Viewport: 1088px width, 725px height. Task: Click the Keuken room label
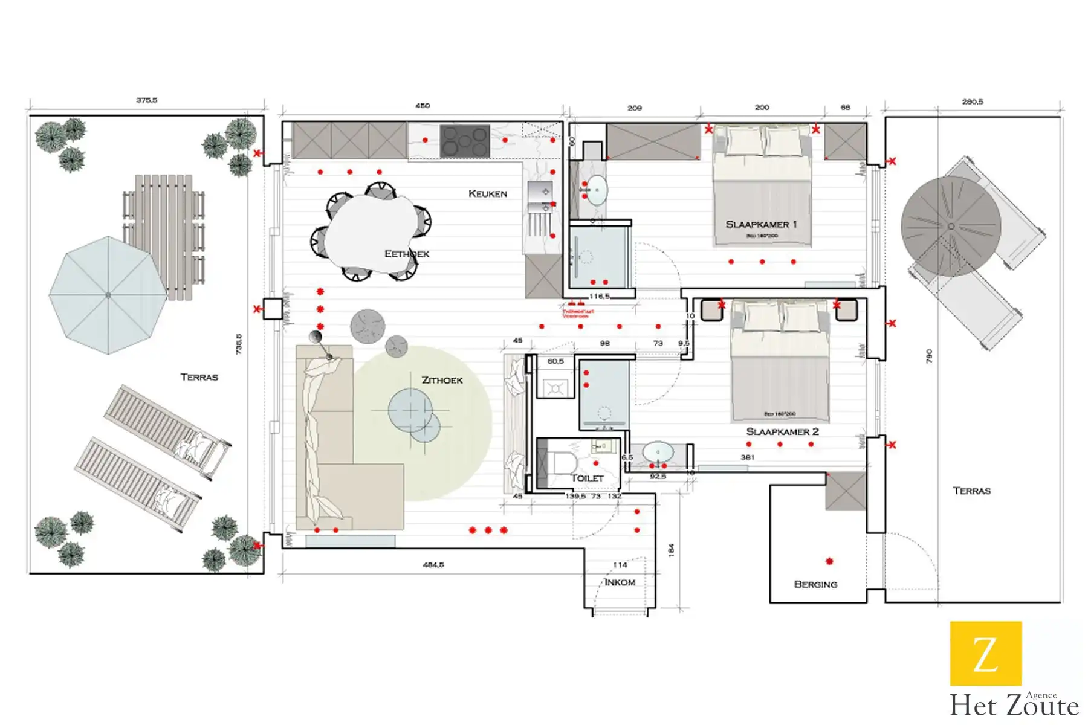pos(487,193)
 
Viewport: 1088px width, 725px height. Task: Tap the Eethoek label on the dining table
pos(406,254)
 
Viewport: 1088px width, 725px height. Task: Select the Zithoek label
pos(442,380)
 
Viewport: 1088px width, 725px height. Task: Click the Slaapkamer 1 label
pos(761,224)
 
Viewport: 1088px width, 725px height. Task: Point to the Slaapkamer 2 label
pos(782,431)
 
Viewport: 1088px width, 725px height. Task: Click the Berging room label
pos(815,584)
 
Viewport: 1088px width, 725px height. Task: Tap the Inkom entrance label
pos(620,582)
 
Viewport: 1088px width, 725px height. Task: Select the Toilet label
pos(587,478)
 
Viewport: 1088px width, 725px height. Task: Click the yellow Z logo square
pos(986,653)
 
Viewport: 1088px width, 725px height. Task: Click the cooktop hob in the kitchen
pos(464,141)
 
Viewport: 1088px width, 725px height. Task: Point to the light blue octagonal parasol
pos(108,295)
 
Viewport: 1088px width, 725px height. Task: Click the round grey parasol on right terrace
pos(950,227)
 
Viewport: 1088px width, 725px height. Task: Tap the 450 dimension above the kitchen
pos(423,106)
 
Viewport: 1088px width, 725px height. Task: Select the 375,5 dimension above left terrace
pos(146,100)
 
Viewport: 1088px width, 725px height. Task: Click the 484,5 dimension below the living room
pos(433,565)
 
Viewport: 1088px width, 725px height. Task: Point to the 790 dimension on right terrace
pos(929,356)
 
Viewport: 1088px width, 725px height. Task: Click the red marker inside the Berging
pos(829,561)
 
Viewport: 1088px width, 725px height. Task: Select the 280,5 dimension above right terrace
pos(972,102)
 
